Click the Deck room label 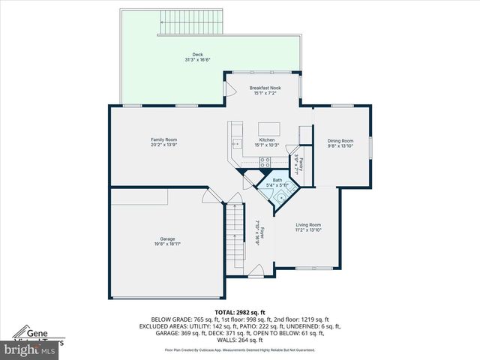(198, 55)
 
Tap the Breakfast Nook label (265, 88)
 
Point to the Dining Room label (340, 141)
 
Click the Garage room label (167, 238)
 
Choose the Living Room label (308, 225)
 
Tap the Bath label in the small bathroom (277, 180)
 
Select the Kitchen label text (267, 140)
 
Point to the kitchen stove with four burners (265, 161)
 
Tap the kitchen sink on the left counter (236, 142)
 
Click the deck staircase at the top (191, 23)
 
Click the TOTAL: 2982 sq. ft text (240, 312)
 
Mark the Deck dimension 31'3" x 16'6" (198, 60)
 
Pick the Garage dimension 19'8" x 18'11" (167, 244)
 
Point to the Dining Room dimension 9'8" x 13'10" (340, 146)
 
